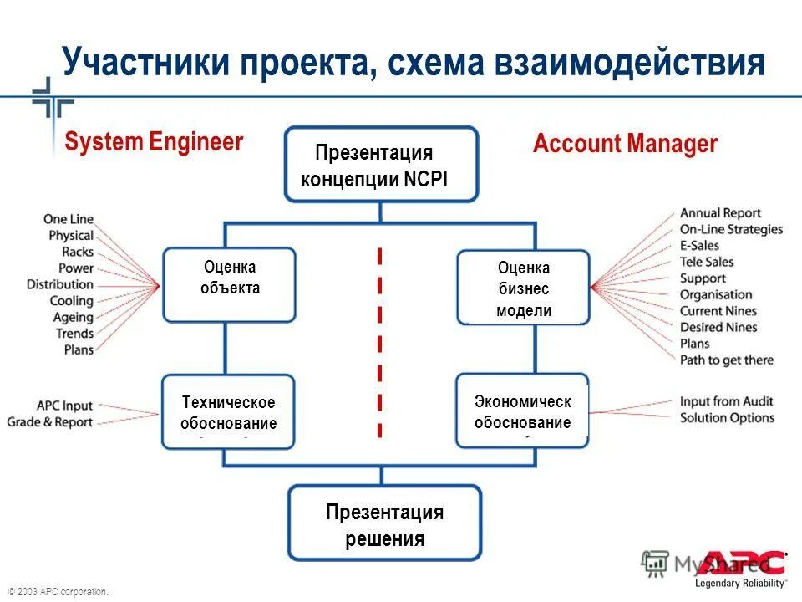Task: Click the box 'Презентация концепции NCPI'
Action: coord(381,165)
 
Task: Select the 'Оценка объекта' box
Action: coord(229,284)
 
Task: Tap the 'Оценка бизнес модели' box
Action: coord(523,288)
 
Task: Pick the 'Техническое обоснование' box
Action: coord(228,412)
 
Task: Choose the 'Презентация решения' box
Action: coord(384,524)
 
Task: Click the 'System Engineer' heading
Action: coord(154,142)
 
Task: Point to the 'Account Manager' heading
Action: coord(625,144)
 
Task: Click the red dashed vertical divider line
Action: coord(379,343)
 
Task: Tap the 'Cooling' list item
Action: coord(71,301)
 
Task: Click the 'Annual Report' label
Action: coord(720,213)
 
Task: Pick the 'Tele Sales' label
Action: coord(706,262)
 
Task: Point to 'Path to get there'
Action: coord(726,360)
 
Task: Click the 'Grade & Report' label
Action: coord(49,422)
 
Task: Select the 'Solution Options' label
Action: coord(727,418)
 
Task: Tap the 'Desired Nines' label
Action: coord(718,327)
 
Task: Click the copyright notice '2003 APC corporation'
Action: coord(58,592)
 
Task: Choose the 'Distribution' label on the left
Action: coord(59,284)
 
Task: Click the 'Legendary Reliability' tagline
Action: coord(740,583)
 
